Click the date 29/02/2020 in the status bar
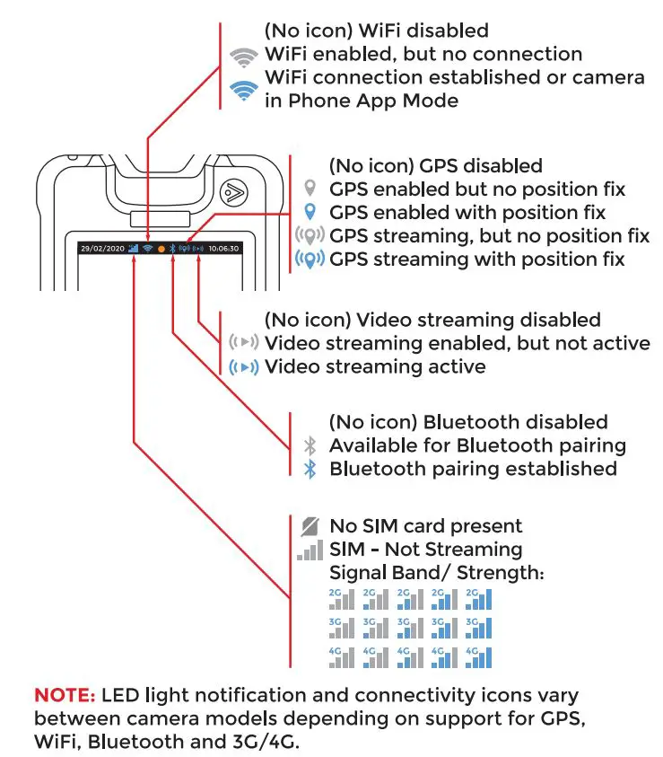tap(100, 249)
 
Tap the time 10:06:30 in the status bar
tap(222, 249)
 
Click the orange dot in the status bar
tap(161, 249)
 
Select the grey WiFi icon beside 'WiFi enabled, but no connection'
tap(243, 57)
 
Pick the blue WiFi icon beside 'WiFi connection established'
tap(243, 89)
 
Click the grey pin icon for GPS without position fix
tap(310, 189)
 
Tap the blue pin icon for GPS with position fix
tap(310, 213)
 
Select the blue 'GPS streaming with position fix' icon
tap(310, 260)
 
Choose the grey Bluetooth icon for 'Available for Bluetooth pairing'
tap(310, 445)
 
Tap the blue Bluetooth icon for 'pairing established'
tap(310, 469)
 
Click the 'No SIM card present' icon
tap(310, 526)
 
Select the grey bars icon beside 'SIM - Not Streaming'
tap(310, 550)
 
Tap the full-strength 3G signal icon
tap(478, 628)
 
